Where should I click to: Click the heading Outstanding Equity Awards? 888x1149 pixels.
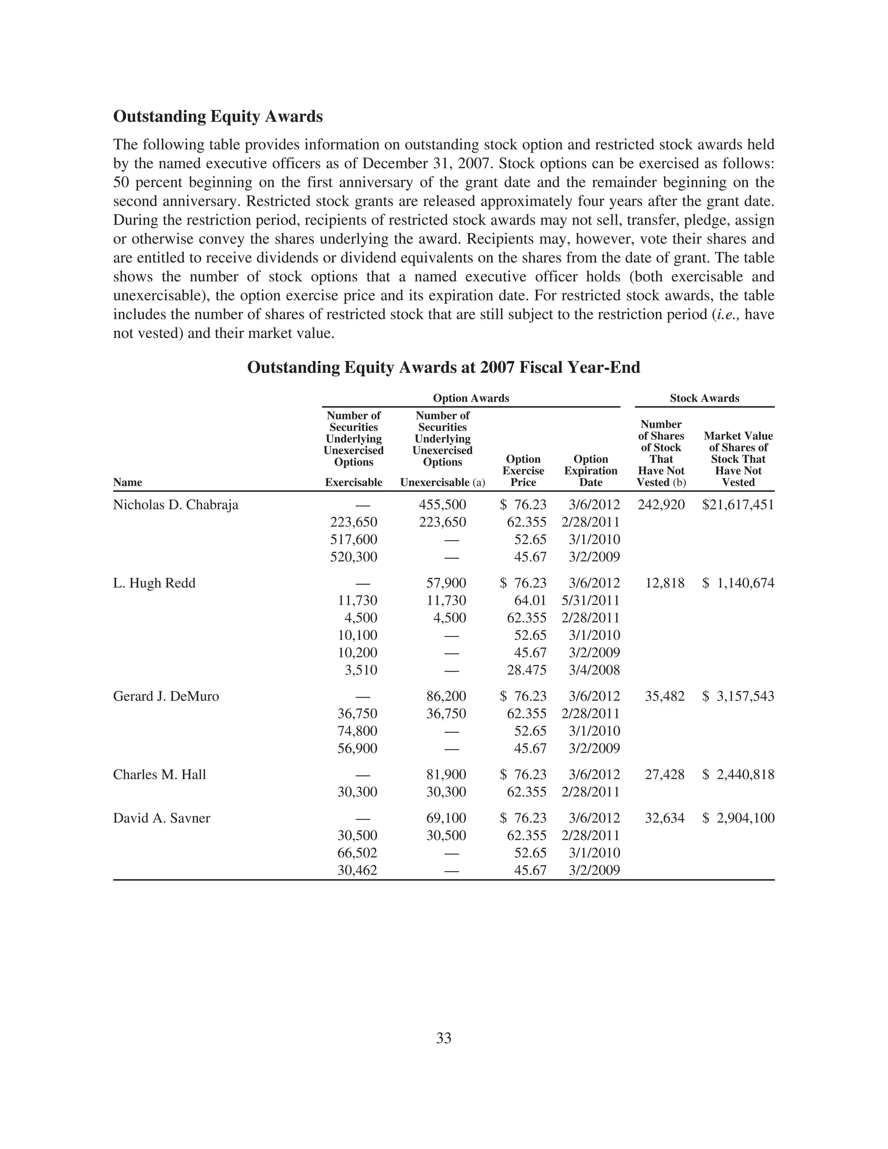coord(218,116)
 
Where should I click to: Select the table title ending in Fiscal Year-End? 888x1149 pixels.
coord(444,367)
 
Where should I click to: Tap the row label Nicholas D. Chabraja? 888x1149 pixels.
coord(176,505)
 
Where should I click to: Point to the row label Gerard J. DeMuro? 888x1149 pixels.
coord(166,697)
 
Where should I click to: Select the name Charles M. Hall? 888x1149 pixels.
coord(160,775)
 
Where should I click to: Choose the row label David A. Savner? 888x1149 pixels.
coord(161,818)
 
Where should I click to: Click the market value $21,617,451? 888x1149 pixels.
coord(738,505)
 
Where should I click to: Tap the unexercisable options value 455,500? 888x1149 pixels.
coord(442,505)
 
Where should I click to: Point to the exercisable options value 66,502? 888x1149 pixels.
coord(357,853)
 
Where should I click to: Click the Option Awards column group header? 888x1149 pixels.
coord(471,398)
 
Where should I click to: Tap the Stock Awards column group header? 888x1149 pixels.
coord(705,398)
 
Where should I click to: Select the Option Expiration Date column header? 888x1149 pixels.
coord(591,471)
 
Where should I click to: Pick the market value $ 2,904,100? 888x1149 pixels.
coord(738,818)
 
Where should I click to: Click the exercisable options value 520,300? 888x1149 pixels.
coord(353,557)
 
